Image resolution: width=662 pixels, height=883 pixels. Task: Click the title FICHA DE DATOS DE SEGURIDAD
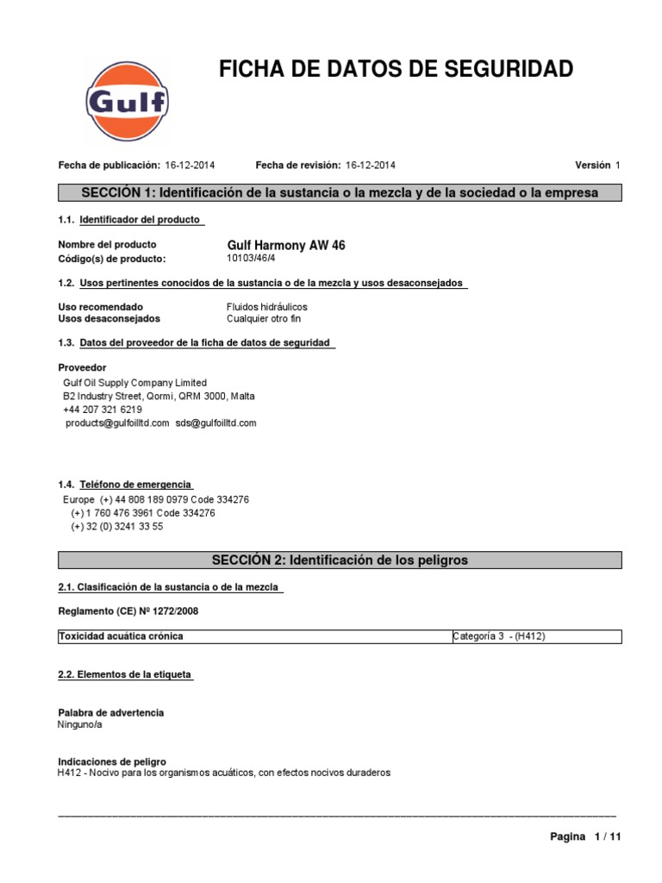(396, 70)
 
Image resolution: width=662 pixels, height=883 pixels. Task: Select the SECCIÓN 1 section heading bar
(339, 192)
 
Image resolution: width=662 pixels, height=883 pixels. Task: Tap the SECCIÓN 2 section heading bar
(339, 560)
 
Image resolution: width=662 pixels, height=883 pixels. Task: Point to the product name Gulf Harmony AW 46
(285, 246)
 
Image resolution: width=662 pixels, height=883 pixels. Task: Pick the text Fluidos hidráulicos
(266, 307)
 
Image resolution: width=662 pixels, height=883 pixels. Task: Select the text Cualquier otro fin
(264, 319)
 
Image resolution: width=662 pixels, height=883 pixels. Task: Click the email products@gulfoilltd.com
(117, 423)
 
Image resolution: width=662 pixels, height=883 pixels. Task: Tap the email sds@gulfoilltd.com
(215, 423)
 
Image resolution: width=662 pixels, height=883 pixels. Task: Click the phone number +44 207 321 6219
(103, 410)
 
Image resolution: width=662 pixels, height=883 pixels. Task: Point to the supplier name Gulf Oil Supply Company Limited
(135, 383)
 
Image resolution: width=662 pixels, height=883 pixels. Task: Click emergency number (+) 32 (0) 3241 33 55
(117, 526)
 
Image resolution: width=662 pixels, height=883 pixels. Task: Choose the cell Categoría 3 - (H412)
(499, 636)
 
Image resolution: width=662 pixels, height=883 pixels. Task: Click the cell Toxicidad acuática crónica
(121, 636)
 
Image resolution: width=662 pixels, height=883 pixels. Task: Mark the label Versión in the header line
(592, 165)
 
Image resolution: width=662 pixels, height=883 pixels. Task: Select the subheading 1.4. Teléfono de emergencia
(126, 485)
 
